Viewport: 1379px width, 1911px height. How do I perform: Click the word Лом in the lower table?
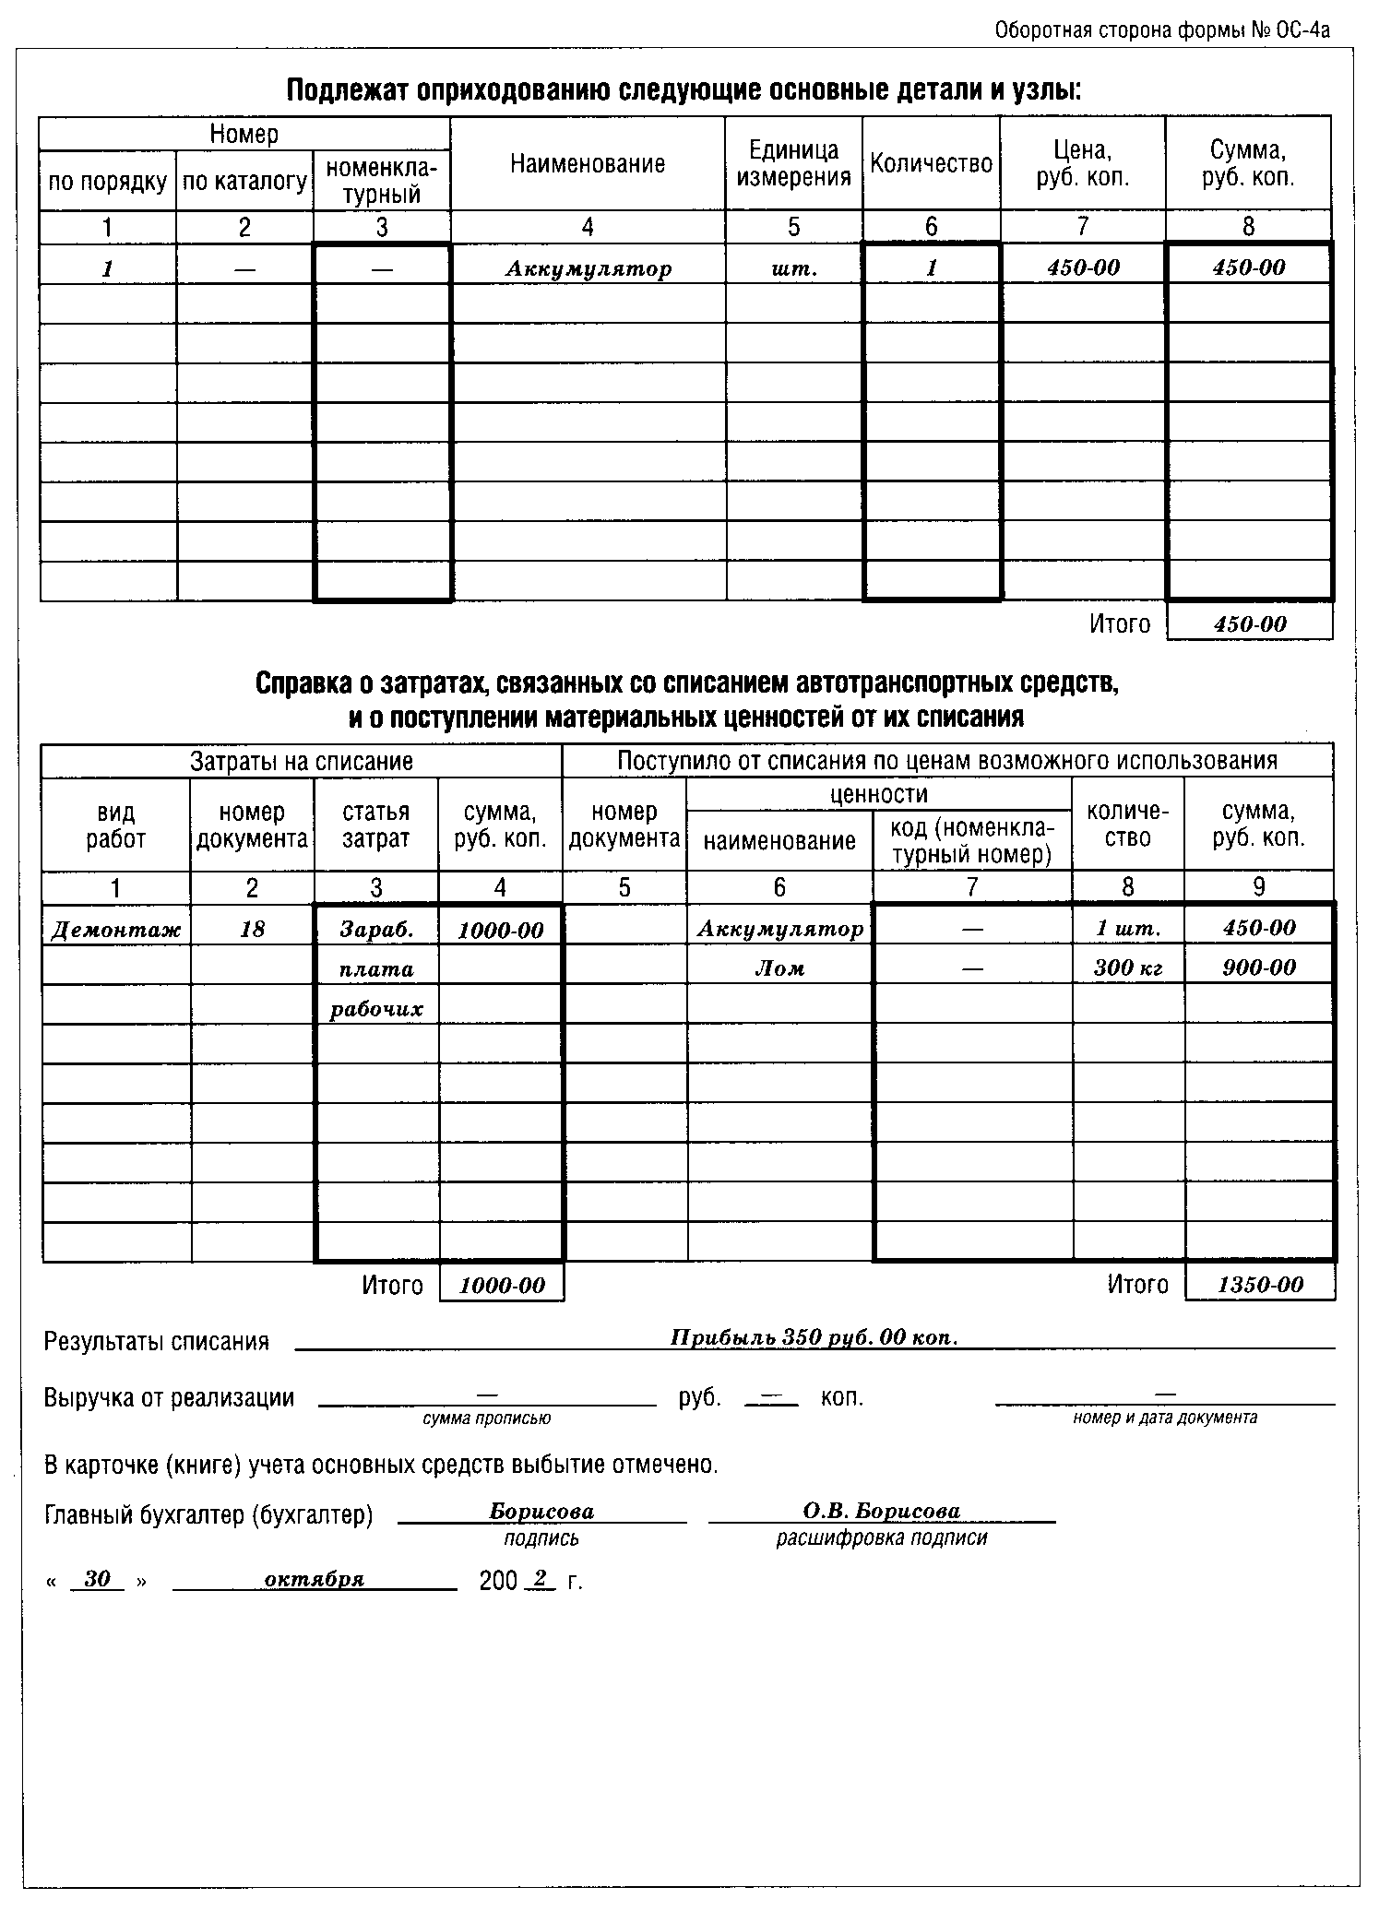coord(779,968)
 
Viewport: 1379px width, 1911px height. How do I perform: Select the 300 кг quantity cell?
coord(1128,967)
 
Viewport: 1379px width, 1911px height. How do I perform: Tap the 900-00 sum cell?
coord(1259,967)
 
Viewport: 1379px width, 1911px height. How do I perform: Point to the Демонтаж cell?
coord(116,930)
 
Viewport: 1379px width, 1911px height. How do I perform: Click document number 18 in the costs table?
coord(252,930)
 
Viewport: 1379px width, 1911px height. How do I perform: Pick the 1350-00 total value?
coord(1260,1285)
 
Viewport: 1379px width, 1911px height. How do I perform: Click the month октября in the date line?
coord(315,1579)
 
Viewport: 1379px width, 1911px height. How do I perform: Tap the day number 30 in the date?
coord(97,1579)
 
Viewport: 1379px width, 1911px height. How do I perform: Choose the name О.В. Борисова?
coord(882,1511)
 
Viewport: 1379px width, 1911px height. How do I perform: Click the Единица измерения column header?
coord(793,163)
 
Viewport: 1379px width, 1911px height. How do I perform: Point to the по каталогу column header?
coord(244,182)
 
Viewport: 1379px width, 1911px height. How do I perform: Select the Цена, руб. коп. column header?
coord(1082,163)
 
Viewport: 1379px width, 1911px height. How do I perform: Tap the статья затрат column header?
coord(375,825)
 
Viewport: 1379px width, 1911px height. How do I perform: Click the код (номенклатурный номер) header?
coord(971,840)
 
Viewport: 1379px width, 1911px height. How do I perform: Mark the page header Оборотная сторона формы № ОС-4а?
coord(1162,30)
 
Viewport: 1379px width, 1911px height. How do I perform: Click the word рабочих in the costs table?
coord(376,1009)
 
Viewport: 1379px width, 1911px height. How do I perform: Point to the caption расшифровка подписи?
coord(882,1538)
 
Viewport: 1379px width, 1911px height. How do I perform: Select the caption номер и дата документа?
coord(1164,1418)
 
